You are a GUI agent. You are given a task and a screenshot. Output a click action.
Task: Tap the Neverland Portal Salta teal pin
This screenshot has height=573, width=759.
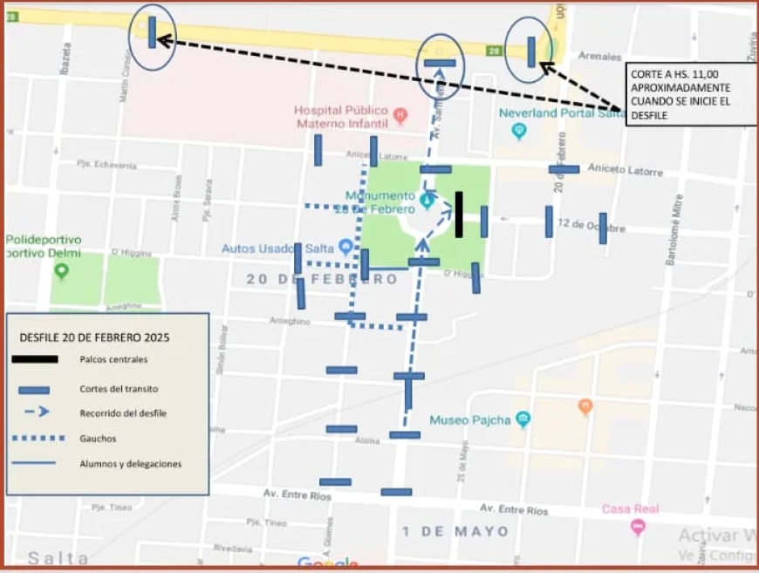click(x=520, y=131)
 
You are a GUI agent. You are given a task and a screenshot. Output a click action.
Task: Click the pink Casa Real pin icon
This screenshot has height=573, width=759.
click(x=638, y=526)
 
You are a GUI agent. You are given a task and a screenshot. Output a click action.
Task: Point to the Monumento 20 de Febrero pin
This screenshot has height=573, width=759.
click(x=427, y=201)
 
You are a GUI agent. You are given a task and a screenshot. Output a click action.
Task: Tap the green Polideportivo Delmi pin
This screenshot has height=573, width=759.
click(x=61, y=270)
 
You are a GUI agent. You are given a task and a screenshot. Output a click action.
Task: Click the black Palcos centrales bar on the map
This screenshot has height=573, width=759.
click(x=459, y=215)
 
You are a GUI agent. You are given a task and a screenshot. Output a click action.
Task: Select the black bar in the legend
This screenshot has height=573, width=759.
click(x=35, y=358)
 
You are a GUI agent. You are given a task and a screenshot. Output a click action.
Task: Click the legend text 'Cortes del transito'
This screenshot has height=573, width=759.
click(x=119, y=389)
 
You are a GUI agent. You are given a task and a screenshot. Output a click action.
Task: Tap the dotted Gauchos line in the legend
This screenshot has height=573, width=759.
click(x=35, y=438)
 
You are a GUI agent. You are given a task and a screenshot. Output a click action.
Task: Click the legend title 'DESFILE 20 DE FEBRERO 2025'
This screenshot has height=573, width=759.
click(x=94, y=337)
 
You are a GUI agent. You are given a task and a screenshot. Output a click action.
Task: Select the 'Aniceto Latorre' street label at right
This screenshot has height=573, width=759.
click(x=625, y=169)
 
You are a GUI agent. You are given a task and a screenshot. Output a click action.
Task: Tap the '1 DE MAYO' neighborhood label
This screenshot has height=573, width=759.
click(x=455, y=530)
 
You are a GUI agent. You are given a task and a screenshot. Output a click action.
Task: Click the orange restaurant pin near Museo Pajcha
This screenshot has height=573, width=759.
click(x=585, y=406)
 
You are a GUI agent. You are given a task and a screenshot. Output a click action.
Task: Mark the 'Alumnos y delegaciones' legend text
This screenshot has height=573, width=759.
click(x=130, y=464)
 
